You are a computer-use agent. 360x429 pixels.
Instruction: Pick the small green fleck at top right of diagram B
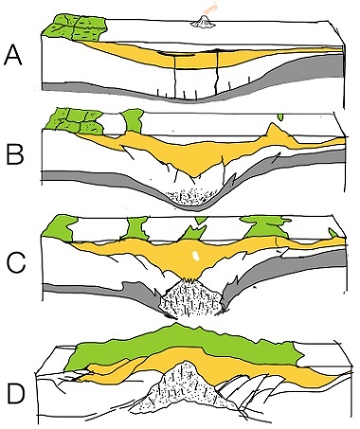tap(280, 119)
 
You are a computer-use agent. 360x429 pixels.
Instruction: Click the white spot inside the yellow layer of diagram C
tap(194, 256)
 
